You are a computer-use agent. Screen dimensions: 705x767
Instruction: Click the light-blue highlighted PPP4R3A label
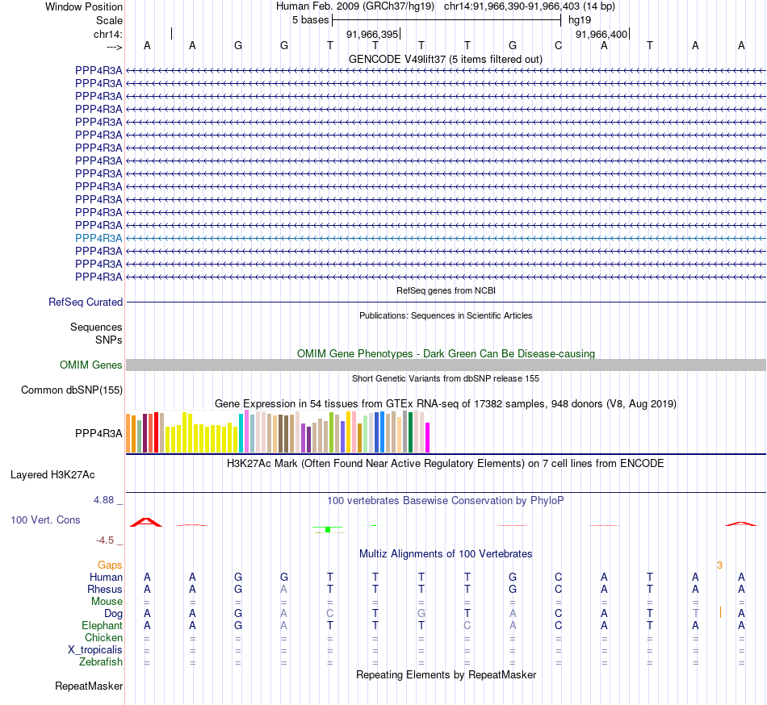[98, 238]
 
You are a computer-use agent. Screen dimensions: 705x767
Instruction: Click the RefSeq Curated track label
[86, 302]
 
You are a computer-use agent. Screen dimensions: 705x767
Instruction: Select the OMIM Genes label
[91, 365]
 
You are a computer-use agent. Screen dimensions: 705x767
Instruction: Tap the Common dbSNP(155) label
[72, 390]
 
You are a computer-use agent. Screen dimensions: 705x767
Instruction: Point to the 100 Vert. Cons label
[45, 520]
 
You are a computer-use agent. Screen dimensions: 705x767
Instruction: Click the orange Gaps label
[110, 565]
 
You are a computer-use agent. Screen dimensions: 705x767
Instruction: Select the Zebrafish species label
[101, 662]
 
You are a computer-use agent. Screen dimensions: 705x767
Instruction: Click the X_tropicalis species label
[95, 650]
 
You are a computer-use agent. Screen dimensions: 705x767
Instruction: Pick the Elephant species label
[102, 626]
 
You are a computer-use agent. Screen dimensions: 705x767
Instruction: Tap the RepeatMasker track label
[89, 686]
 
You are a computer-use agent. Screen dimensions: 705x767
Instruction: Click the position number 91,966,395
[372, 35]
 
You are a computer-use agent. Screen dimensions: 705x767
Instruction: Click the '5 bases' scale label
[310, 19]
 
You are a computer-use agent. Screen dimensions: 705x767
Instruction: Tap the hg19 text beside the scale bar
[580, 19]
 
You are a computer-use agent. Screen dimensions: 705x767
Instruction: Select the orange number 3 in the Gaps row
[719, 565]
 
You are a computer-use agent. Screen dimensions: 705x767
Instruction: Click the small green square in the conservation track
[328, 529]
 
